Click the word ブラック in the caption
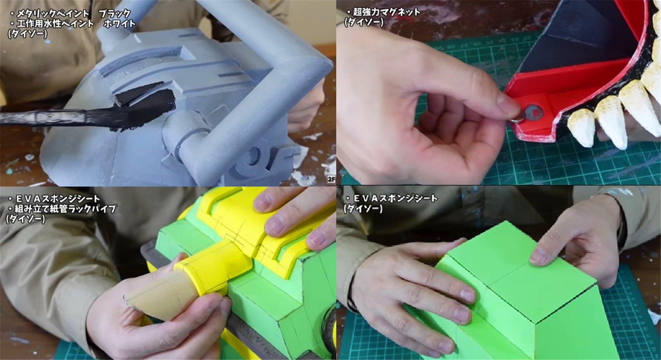pos(114,14)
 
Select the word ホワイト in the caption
pos(119,24)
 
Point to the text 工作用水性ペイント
pos(55,24)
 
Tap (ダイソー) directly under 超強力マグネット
pos(364,22)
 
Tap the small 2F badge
pos(331,179)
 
